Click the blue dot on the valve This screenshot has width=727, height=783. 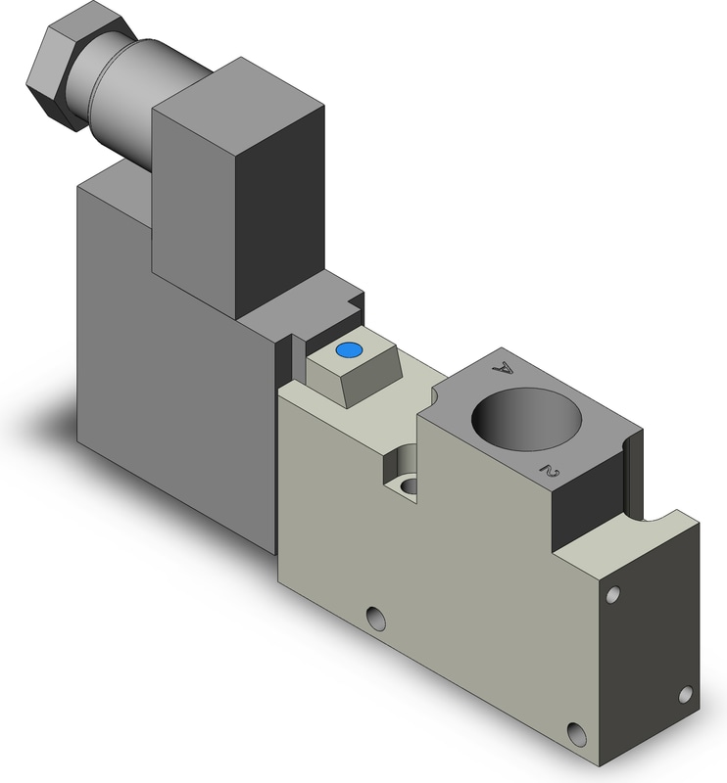pyautogui.click(x=349, y=350)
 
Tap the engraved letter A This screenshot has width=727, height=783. pyautogui.click(x=503, y=369)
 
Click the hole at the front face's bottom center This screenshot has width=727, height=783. pyautogui.click(x=376, y=618)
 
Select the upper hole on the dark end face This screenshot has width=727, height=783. pyautogui.click(x=613, y=594)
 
